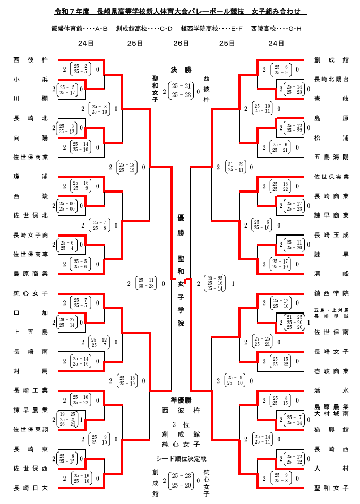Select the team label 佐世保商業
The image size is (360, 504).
(31, 157)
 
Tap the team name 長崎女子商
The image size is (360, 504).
(31, 235)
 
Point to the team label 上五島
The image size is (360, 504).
(31, 332)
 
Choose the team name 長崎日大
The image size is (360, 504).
(31, 488)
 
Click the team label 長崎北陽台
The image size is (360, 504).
(331, 79)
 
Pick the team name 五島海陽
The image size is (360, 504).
(331, 157)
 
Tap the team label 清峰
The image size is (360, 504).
(331, 274)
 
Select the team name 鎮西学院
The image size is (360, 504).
(331, 293)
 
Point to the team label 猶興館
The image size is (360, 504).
(331, 429)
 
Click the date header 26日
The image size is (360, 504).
(181, 44)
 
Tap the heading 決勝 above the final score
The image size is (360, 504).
(181, 70)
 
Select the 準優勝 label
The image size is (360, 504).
(181, 400)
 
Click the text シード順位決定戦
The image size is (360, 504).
(181, 458)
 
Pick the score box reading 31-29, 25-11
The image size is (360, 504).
(234, 167)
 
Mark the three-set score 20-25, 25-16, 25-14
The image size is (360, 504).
(215, 283)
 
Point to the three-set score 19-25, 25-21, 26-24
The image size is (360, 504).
(67, 420)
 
